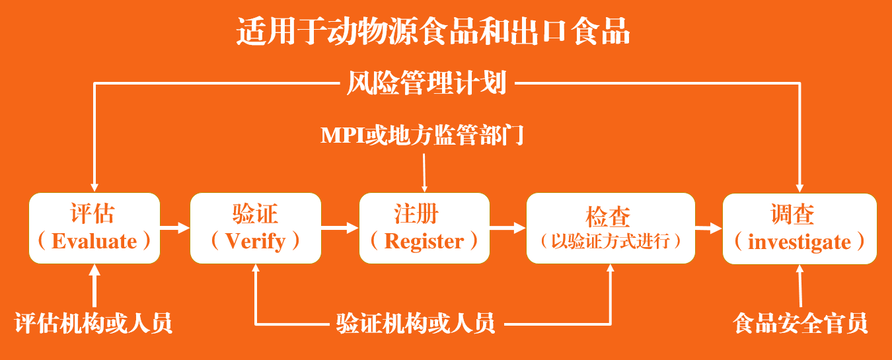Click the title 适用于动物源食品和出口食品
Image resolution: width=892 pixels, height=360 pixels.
[x=433, y=31]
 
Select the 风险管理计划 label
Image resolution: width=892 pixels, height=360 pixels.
[x=426, y=83]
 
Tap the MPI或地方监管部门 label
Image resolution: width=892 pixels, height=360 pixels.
[x=422, y=135]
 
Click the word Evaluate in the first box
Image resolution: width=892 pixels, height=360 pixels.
[x=94, y=241]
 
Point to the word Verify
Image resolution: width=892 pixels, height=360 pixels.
[x=256, y=242]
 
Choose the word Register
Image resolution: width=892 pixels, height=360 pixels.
[x=424, y=241]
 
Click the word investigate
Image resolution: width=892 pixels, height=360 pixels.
[x=799, y=242]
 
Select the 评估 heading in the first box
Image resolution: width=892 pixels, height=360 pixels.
[x=93, y=213]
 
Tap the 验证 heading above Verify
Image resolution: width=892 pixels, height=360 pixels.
[x=255, y=213]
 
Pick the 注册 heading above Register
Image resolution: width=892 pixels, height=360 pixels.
[x=416, y=213]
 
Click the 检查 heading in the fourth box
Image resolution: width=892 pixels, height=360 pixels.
[x=608, y=217]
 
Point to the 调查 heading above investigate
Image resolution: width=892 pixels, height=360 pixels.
[x=792, y=214]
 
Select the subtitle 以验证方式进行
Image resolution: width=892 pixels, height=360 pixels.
[x=611, y=241]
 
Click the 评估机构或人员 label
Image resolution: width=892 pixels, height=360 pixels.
[x=93, y=323]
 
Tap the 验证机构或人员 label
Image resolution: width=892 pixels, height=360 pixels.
[x=416, y=323]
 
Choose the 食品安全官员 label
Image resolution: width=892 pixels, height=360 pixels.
[x=800, y=323]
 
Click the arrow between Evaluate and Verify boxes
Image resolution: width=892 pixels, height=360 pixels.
[x=175, y=228]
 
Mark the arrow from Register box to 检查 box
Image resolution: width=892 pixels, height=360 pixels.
[x=507, y=228]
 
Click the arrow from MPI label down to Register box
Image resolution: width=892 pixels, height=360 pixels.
[x=424, y=173]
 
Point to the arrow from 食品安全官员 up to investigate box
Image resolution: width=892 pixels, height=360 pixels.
[x=800, y=286]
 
